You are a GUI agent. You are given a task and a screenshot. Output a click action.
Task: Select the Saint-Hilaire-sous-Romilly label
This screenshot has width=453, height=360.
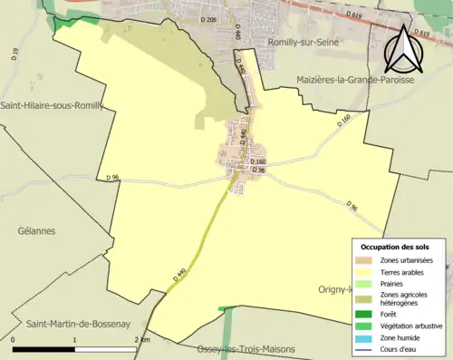tap(52, 105)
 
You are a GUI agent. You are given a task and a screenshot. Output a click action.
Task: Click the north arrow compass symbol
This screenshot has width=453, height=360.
tap(403, 51)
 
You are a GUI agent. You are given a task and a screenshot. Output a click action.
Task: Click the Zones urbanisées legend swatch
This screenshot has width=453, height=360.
tap(366, 260)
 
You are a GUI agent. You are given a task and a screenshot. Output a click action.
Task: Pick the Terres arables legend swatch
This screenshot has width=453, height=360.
tap(366, 271)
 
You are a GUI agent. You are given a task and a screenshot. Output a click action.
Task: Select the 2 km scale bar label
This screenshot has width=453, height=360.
tap(140, 339)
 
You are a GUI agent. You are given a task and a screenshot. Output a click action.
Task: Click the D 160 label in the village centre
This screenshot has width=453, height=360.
tap(256, 161)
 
